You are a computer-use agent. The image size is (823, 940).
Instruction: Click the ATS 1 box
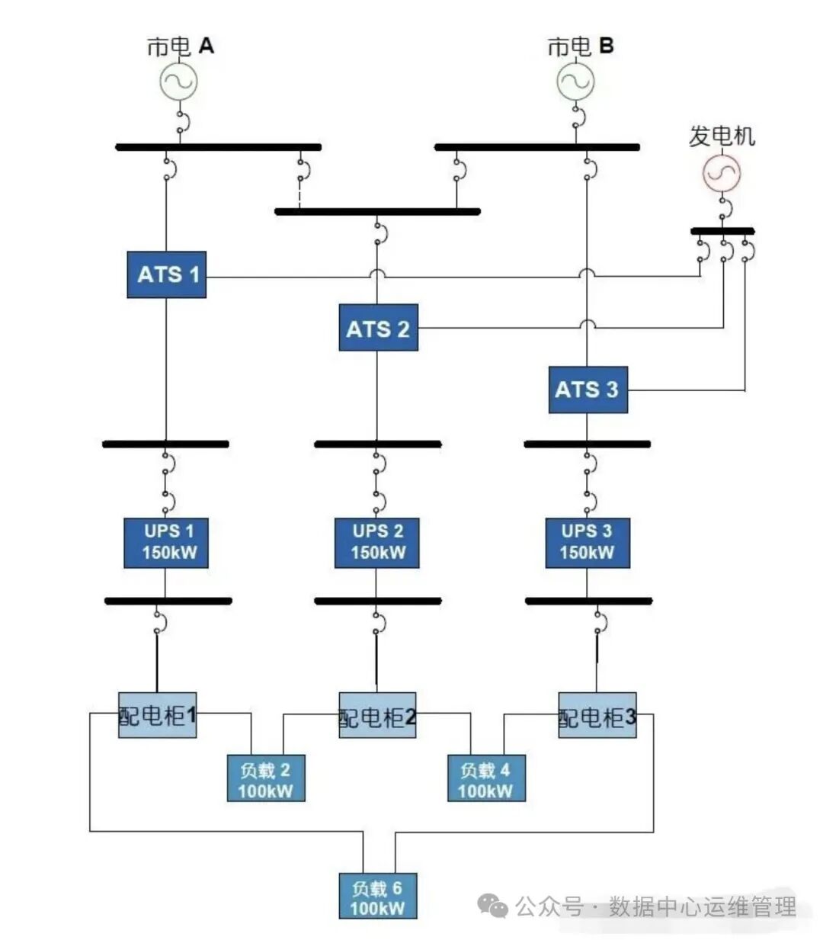tap(166, 274)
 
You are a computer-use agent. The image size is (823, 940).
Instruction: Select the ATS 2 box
tap(378, 328)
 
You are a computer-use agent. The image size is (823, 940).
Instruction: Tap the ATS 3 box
tap(588, 390)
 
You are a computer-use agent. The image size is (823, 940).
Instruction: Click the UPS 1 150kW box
tap(165, 543)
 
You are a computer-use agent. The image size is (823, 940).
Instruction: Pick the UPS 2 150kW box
tap(376, 543)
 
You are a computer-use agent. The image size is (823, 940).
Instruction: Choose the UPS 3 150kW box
tap(587, 543)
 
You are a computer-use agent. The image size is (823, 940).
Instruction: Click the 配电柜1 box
tap(157, 715)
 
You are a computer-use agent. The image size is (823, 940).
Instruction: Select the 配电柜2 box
tap(377, 715)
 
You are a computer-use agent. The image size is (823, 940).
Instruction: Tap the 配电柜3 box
tap(597, 715)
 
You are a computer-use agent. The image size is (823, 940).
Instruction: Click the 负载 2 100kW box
tap(265, 778)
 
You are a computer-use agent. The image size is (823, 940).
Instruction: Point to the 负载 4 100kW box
tap(485, 778)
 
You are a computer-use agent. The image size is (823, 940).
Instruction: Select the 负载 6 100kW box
tap(377, 896)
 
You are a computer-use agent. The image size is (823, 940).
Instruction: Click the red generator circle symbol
tap(722, 173)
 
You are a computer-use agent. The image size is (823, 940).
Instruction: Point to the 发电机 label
tap(722, 136)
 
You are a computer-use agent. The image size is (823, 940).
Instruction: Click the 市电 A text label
tap(181, 47)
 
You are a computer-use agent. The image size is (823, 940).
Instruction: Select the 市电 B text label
tap(580, 47)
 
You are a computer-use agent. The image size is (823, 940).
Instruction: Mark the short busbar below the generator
tap(722, 230)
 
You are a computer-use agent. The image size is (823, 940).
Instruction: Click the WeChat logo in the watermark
tap(493, 906)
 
